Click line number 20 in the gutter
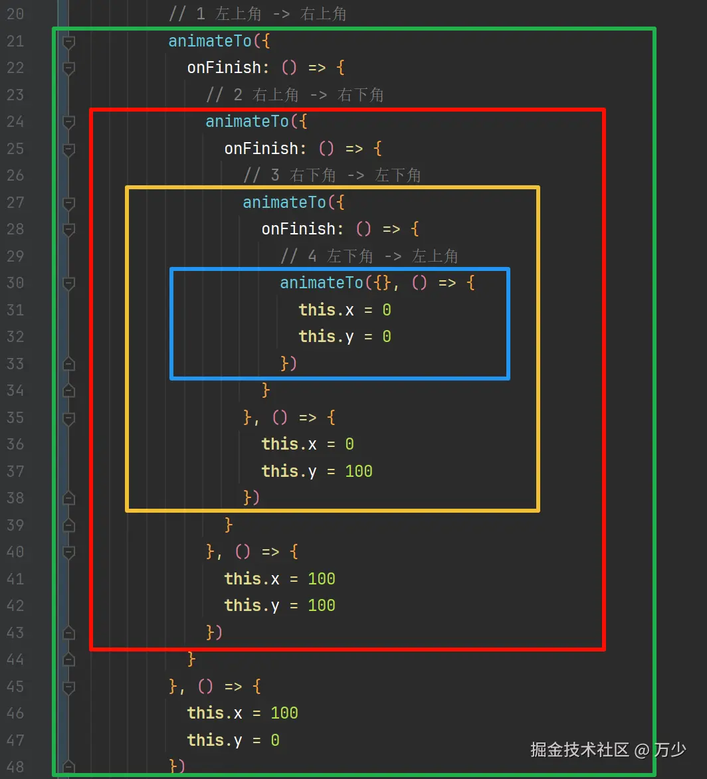point(15,14)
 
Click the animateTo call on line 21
point(210,41)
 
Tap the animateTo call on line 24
point(247,122)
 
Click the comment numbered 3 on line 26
point(332,175)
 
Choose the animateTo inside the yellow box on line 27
point(284,202)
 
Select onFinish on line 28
point(298,229)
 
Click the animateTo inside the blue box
point(322,283)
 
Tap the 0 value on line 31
point(387,310)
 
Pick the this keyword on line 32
point(317,337)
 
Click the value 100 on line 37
point(359,472)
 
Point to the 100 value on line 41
point(322,579)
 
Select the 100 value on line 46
point(284,713)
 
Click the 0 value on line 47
point(275,740)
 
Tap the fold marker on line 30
point(68,284)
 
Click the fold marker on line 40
point(68,553)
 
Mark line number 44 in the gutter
point(15,659)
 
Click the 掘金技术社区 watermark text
point(579,750)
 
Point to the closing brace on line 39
point(229,525)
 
